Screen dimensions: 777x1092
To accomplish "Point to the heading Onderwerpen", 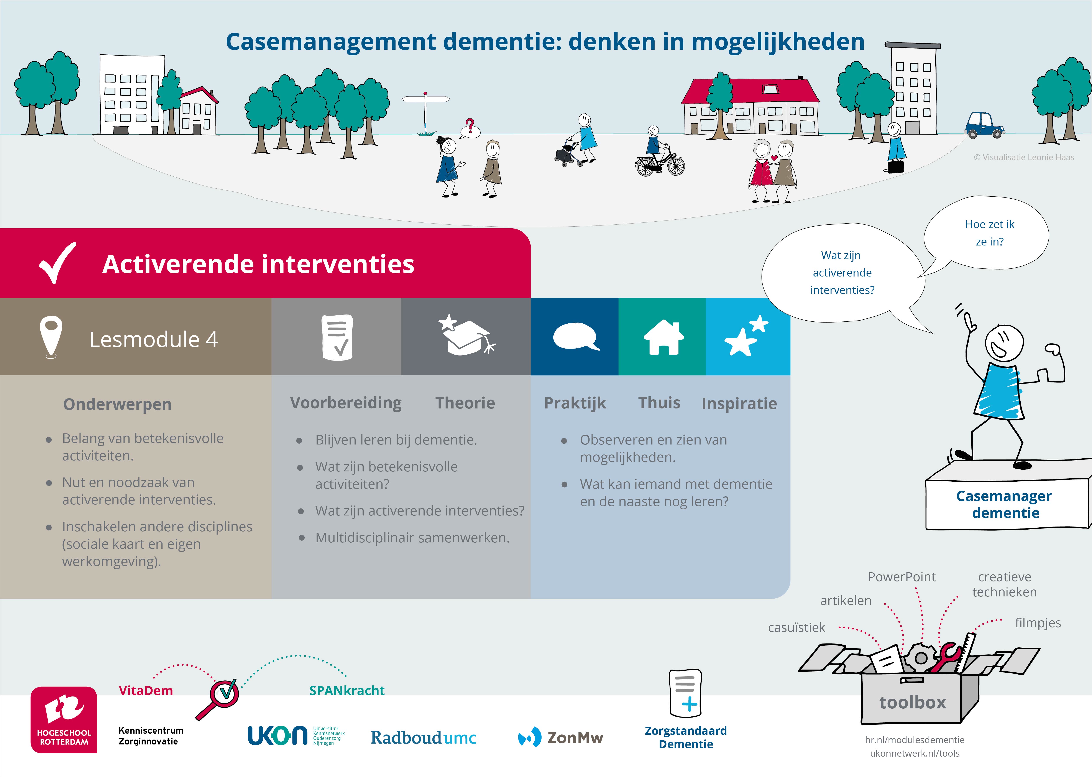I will coord(117,404).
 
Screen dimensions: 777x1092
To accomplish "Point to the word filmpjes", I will coord(1038,623).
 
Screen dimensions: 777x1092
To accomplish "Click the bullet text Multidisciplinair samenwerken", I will coord(412,538).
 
